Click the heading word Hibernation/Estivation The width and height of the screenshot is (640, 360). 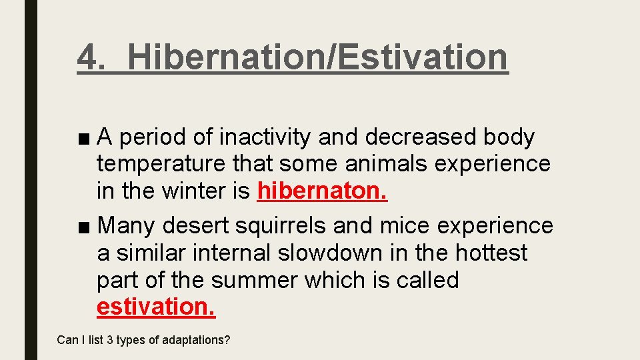(x=317, y=57)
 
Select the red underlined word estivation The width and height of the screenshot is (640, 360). (x=156, y=307)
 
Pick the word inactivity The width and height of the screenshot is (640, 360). (x=267, y=137)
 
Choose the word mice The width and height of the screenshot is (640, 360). (x=401, y=226)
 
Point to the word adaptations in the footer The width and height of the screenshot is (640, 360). (x=197, y=341)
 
